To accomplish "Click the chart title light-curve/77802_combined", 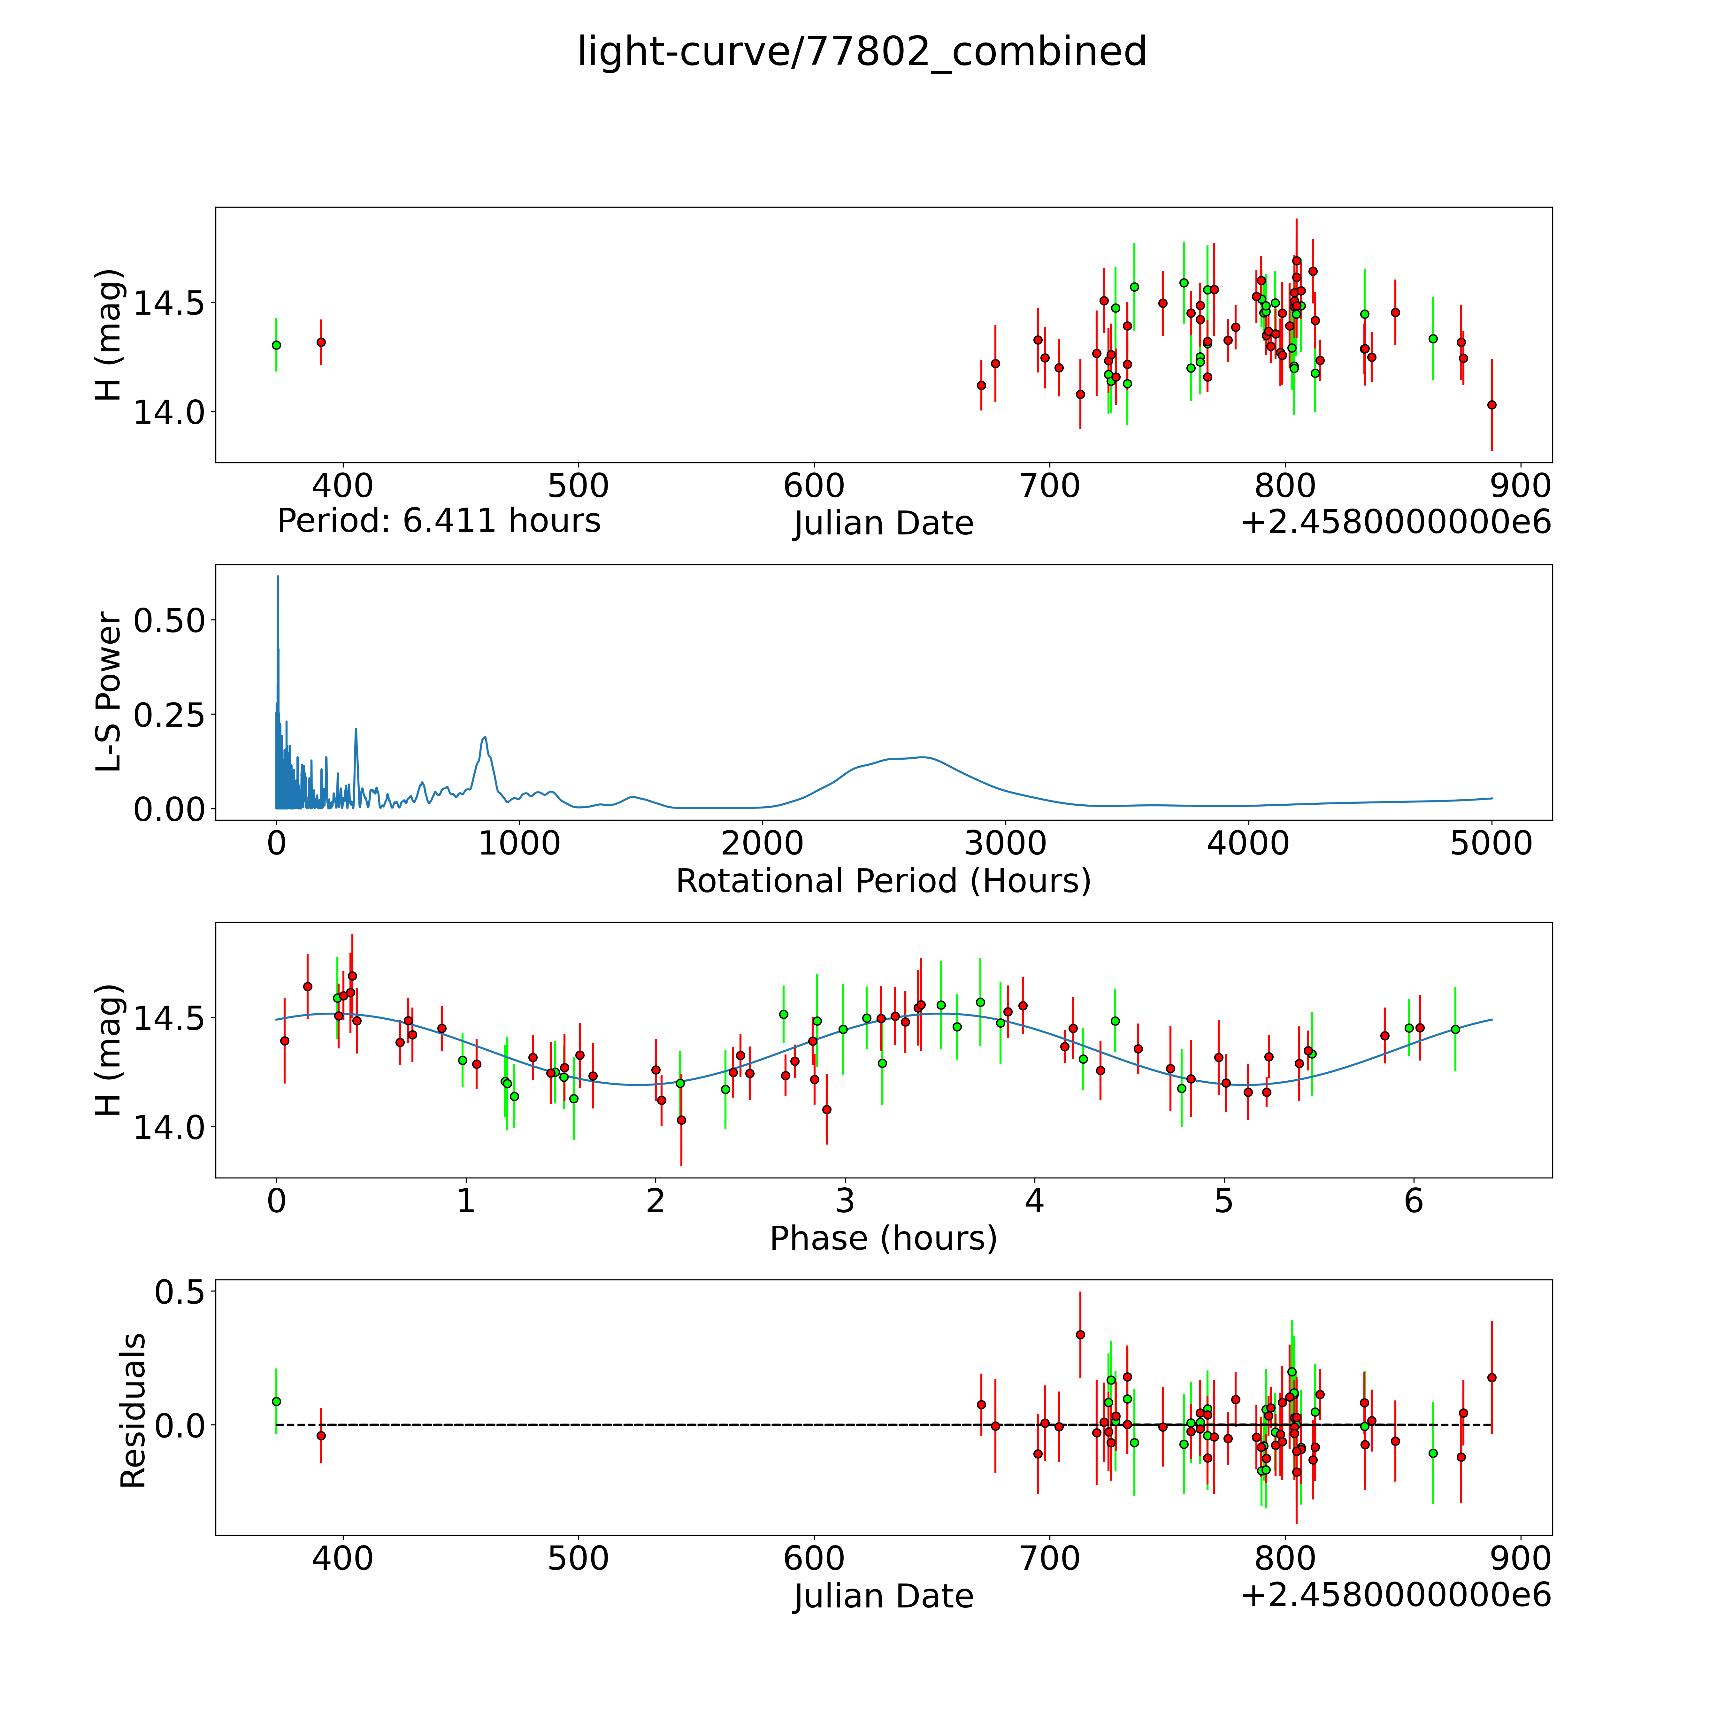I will [x=862, y=52].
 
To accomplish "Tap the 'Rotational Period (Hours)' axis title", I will [x=883, y=881].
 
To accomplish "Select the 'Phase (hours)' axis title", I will [x=883, y=1238].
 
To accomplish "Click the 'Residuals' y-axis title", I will [x=133, y=1411].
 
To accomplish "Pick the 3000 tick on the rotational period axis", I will [x=1005, y=843].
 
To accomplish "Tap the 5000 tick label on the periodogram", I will [x=1491, y=843].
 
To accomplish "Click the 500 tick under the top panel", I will [x=579, y=486].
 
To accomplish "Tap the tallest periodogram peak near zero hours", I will [x=278, y=578].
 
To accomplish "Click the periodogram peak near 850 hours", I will [x=484, y=738].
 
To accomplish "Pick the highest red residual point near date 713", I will [x=1080, y=1335].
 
